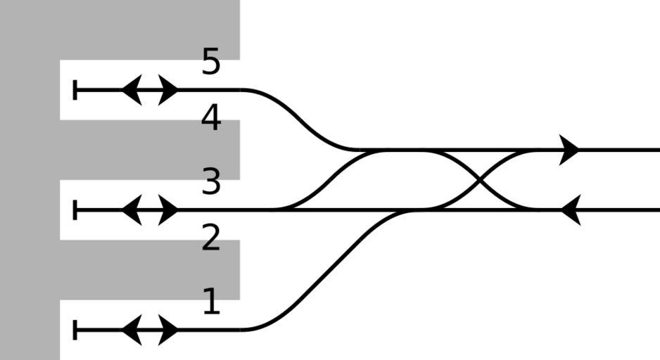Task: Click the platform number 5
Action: [x=211, y=62]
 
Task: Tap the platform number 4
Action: [x=211, y=118]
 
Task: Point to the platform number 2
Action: [x=211, y=239]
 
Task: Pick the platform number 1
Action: [x=211, y=302]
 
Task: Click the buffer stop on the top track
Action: [x=75, y=90]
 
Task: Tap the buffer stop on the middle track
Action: [x=75, y=210]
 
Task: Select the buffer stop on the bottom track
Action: [x=75, y=329]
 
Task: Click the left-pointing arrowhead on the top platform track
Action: [x=131, y=90]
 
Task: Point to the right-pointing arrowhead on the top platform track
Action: [x=169, y=90]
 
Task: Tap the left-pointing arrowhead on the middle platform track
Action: [x=131, y=210]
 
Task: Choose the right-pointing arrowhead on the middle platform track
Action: [x=169, y=210]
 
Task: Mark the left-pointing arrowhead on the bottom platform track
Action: [x=131, y=329]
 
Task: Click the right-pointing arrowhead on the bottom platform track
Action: [x=169, y=329]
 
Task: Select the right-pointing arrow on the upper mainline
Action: [x=570, y=150]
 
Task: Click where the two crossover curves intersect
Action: [x=481, y=180]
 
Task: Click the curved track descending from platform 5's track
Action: [x=303, y=120]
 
